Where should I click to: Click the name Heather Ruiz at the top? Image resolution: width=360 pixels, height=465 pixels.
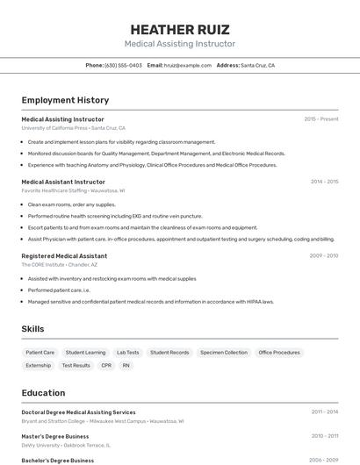coord(179,29)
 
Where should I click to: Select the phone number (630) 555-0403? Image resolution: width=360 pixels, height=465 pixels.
coord(123,65)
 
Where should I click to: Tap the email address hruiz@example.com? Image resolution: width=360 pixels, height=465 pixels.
coord(188,65)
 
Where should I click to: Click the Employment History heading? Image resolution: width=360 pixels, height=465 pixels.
coord(65,101)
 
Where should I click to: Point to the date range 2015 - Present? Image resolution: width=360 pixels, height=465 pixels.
coord(321,118)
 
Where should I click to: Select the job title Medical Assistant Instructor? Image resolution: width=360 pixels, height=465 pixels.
coord(63,182)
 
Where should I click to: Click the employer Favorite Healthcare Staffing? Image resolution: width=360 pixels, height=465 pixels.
coord(54,190)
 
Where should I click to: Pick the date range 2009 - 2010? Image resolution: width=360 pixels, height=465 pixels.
coord(323,255)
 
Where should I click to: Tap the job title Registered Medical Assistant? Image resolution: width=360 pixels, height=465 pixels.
coord(64,255)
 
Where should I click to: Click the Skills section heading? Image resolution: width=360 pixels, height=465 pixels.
coord(33,329)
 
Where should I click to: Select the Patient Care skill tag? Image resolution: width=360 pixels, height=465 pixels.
coord(40,353)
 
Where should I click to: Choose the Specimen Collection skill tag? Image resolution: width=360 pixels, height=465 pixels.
coord(224,353)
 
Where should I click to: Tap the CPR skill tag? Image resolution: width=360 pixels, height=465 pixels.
coord(106,365)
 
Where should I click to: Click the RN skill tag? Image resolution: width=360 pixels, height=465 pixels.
coord(126,365)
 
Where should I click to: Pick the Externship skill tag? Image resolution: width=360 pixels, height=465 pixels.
coord(39,365)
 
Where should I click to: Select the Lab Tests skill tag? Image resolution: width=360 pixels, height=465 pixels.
coord(127,353)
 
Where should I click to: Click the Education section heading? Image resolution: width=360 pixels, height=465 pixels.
coord(43,393)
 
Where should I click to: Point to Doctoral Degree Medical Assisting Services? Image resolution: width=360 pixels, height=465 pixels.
coord(78,411)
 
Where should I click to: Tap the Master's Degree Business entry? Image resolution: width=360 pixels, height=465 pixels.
coord(55,436)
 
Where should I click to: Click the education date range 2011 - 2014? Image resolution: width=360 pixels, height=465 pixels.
coord(324,411)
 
